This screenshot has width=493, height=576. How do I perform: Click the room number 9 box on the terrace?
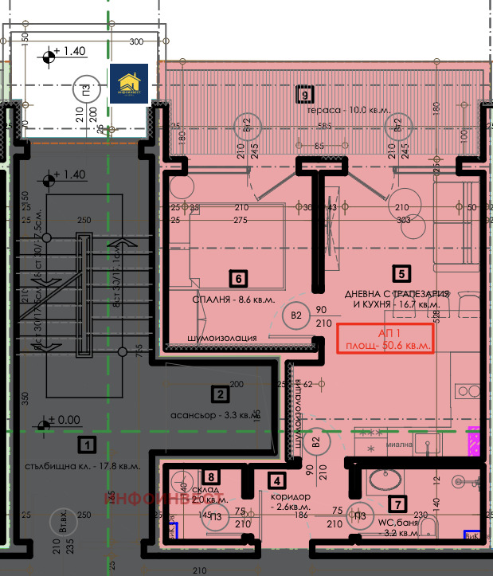coord(303,95)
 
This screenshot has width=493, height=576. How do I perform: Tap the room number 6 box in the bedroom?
coord(237,278)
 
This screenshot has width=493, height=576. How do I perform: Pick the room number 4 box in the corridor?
coord(276,480)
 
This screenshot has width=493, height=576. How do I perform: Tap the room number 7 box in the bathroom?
coord(396,503)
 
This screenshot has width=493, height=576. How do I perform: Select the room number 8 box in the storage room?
coord(209,476)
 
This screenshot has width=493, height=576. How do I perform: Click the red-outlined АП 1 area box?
coord(385,339)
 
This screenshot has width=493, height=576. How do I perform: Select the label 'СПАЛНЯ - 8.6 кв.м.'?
coord(222,300)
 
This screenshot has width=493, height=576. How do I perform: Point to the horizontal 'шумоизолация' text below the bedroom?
coord(221,338)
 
